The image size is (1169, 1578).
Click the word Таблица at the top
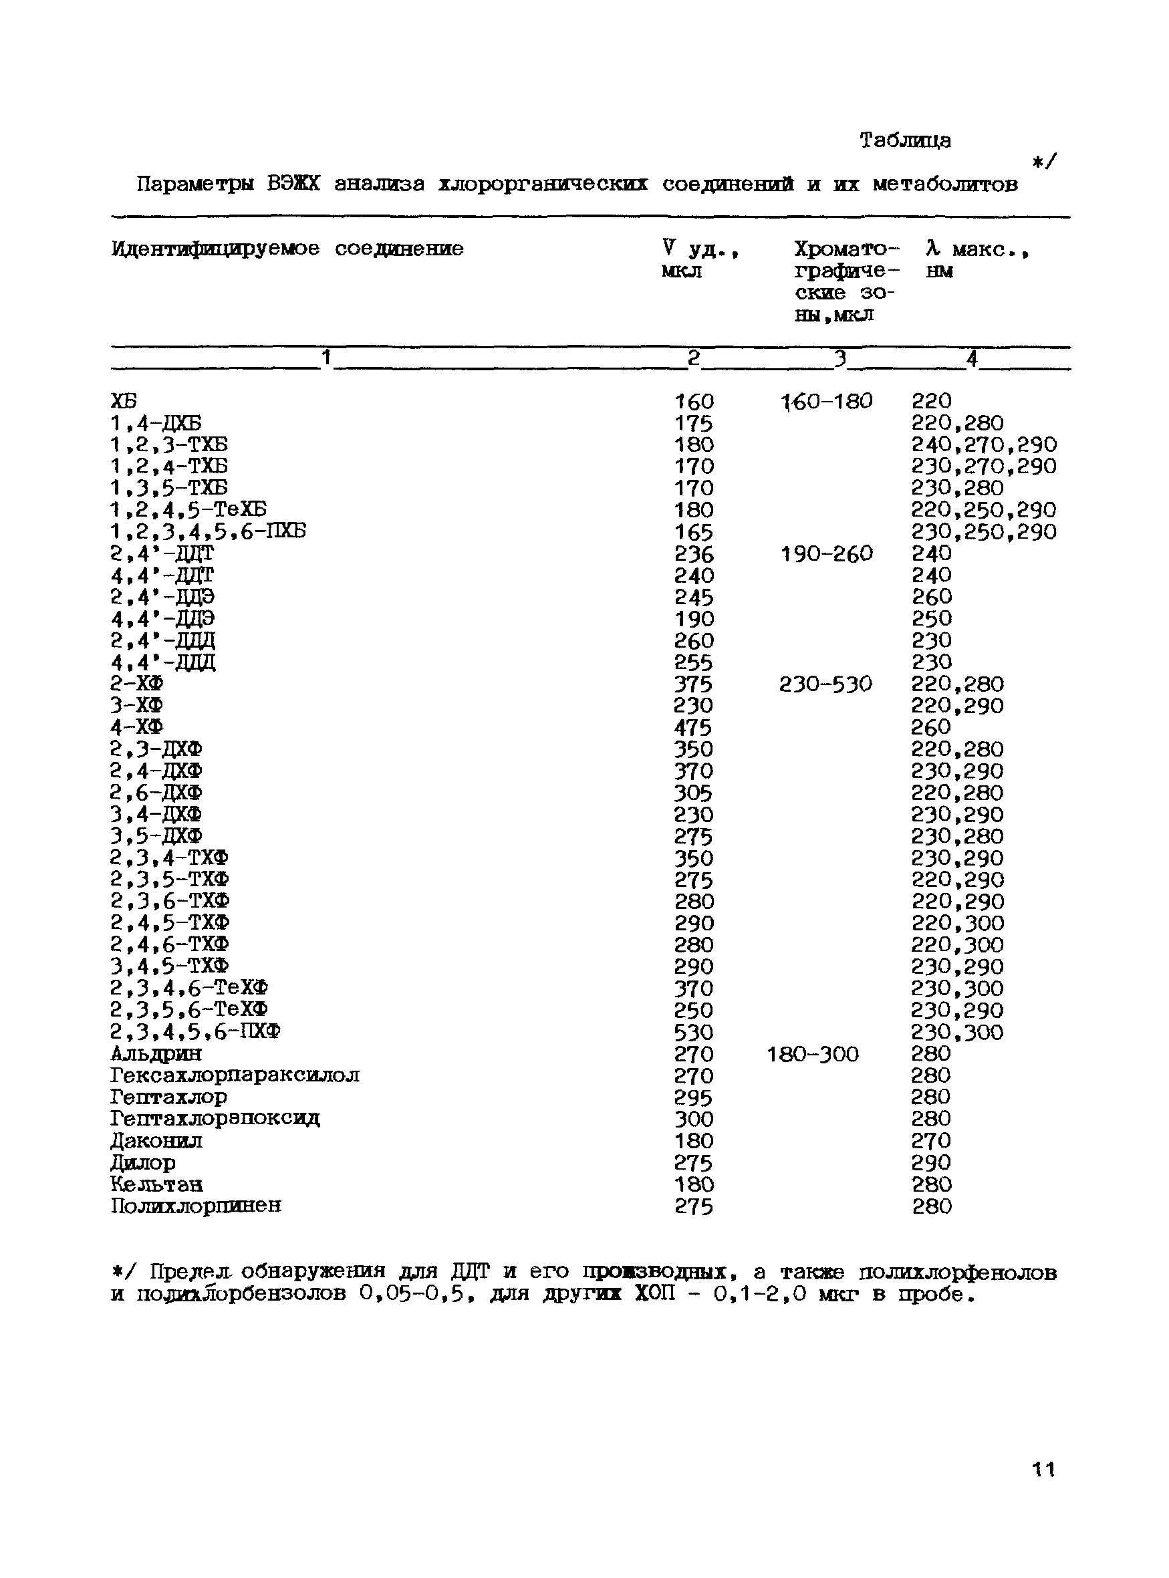coord(904,141)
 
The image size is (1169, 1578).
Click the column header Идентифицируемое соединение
coord(287,249)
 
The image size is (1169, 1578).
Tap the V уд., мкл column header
coord(700,259)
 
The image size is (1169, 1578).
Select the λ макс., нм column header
coord(976,259)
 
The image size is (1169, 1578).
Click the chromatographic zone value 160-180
coord(827,402)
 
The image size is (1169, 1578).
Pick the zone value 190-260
coord(827,553)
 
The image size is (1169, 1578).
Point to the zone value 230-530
coord(825,684)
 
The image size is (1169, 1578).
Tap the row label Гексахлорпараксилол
coord(235,1075)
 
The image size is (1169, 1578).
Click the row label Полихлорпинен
coord(196,1206)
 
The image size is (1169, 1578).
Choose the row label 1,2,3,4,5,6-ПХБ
coord(208,531)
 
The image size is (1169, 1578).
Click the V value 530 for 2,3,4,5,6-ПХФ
coord(694,1033)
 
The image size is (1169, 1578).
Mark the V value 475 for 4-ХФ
coord(694,727)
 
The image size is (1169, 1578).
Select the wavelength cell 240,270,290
coord(984,445)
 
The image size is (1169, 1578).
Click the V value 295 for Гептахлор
coord(694,1097)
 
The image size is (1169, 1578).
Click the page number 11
coord(1043,1469)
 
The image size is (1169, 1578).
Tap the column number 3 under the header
coord(840,360)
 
